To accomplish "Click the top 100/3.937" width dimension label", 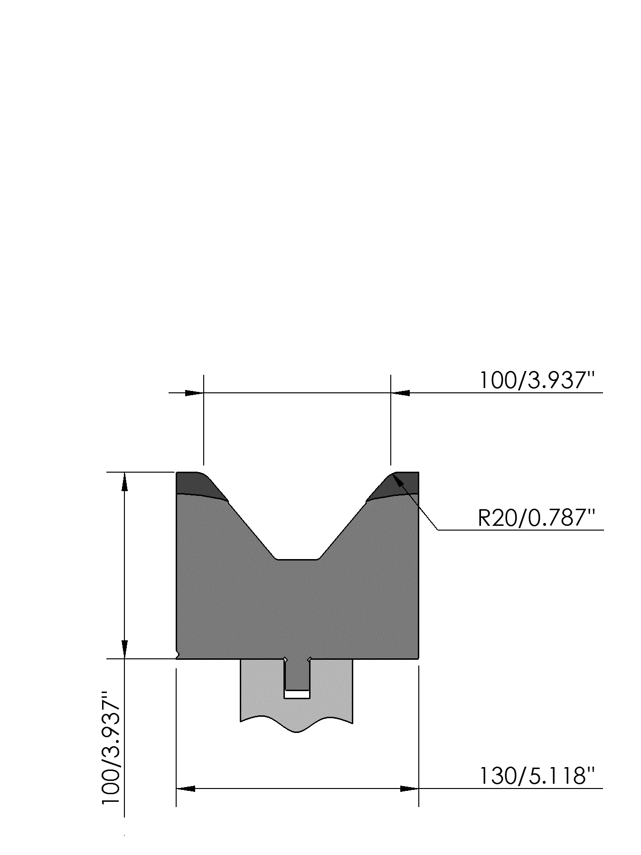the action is (537, 380).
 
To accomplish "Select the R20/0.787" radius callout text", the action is (537, 518).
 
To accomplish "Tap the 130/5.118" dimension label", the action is (537, 776).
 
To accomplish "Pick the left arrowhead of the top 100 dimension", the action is (194, 393).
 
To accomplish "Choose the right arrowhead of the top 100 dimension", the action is (400, 393).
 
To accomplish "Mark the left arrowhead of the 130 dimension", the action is (186, 788).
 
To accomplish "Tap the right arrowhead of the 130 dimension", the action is (409, 788).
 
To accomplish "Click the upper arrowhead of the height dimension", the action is (124, 482).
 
